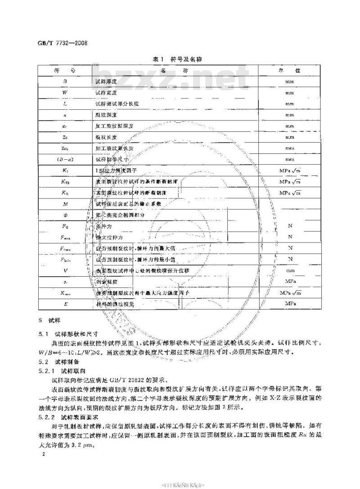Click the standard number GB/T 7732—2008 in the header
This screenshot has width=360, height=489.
62,44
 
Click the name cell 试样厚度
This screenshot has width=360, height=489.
106,82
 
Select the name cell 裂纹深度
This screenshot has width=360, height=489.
106,115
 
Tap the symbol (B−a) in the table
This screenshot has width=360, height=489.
65,159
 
